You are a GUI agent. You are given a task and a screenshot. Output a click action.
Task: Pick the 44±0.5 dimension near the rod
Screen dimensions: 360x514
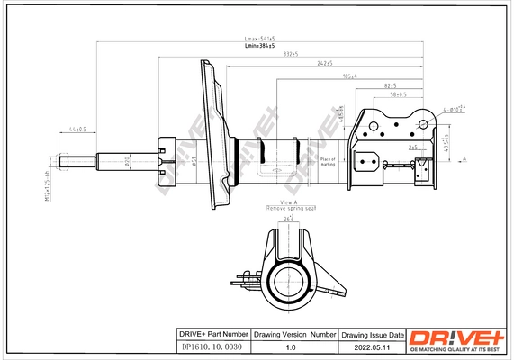tap(77, 130)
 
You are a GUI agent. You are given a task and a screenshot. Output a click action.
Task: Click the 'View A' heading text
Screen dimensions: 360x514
tap(288, 202)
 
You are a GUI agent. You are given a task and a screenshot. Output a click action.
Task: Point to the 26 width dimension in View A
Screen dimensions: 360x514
tap(288, 218)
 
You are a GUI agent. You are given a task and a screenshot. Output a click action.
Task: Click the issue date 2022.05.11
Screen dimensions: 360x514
tap(373, 346)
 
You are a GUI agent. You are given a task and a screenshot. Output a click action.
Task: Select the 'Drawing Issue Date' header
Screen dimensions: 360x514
tap(373, 333)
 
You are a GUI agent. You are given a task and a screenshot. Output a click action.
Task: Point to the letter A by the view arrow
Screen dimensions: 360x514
tap(464, 158)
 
